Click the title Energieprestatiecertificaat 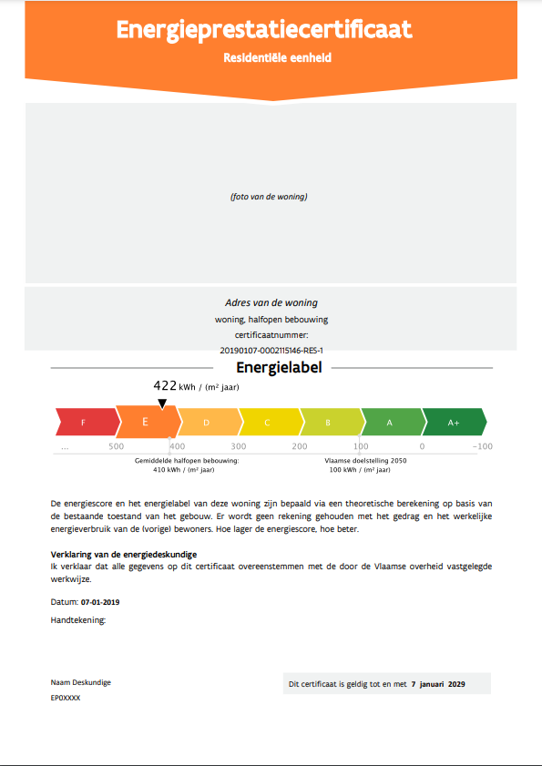(x=264, y=30)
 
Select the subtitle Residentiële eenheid (x=277, y=57)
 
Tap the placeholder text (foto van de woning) (x=269, y=197)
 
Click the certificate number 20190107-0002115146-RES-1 (x=271, y=350)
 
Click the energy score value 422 (x=165, y=386)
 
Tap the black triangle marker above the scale (x=162, y=403)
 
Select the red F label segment (x=85, y=423)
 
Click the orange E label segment (x=146, y=423)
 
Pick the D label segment (x=208, y=423)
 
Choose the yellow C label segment (x=268, y=423)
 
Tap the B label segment (x=329, y=423)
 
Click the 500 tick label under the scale (x=116, y=446)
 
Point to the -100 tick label (x=482, y=446)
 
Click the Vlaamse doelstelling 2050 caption (x=365, y=461)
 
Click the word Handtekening (x=78, y=620)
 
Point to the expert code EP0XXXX (x=66, y=697)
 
